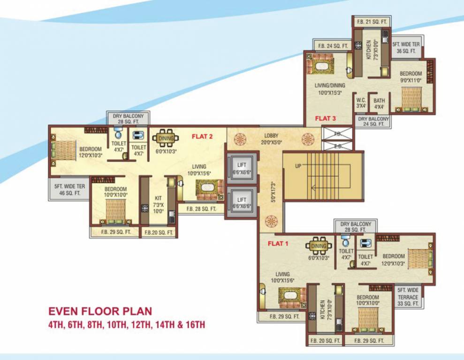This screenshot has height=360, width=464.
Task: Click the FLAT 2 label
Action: pos(202,137)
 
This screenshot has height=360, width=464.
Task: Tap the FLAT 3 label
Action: pos(325,118)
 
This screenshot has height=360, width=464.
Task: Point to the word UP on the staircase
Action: pos(298,166)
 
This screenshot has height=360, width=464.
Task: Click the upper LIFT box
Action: pos(242,169)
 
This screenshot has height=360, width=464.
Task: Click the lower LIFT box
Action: pos(242,202)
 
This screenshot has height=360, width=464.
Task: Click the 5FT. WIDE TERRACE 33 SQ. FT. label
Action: pos(407,296)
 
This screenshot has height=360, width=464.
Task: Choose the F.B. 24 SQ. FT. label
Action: pos(333,45)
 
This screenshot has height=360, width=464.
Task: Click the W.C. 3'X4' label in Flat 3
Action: pos(361,103)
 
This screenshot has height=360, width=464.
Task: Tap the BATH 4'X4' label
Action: pos(379,103)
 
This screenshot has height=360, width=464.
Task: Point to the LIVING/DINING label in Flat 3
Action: pos(330,89)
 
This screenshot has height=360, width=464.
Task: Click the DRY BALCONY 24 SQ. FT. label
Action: pos(373,121)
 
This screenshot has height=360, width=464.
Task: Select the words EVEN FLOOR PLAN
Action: pos(100,311)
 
